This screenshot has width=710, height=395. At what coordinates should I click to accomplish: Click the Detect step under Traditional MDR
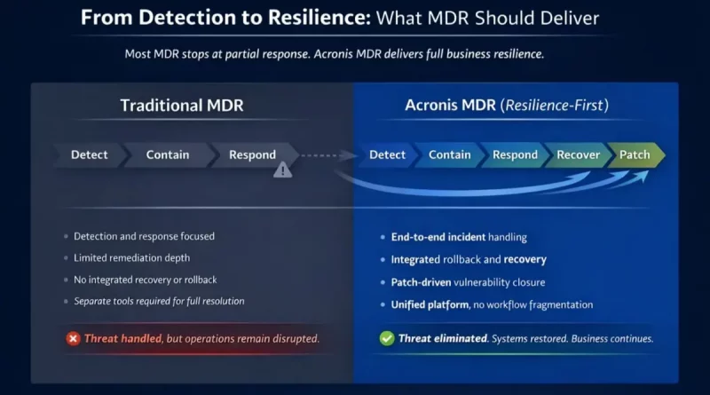coord(90,154)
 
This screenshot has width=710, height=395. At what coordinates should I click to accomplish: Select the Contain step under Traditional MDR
coord(168,154)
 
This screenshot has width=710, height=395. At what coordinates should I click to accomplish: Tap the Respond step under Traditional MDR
coord(252,154)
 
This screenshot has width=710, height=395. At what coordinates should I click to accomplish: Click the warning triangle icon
coord(282,170)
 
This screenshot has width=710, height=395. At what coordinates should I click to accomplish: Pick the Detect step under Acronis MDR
coord(387,154)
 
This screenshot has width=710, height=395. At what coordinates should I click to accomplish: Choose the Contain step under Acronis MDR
coord(450,154)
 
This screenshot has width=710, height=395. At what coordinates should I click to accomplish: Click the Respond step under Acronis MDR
coord(515,154)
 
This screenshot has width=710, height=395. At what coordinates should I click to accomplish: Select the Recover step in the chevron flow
coord(578,154)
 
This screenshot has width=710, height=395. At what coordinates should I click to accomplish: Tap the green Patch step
coord(635,154)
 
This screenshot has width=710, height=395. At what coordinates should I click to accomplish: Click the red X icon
coord(73,338)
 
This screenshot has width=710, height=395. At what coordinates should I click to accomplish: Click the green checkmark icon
coord(387,338)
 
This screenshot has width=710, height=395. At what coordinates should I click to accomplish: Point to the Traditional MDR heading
coord(181,107)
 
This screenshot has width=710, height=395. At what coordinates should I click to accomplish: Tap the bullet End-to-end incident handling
coord(459,237)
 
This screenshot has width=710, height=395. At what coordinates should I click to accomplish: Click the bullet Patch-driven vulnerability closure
coord(468,281)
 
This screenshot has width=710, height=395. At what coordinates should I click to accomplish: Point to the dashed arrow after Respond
coord(324,155)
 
